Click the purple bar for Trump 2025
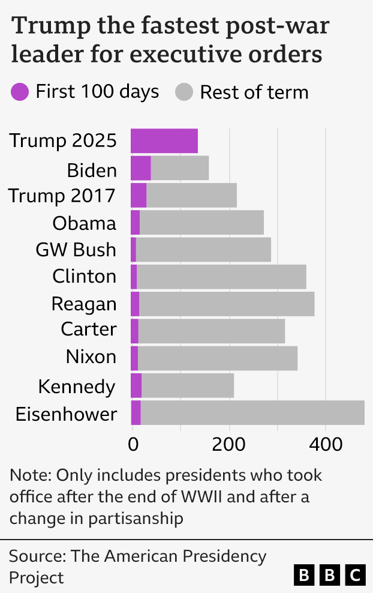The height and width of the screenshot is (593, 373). point(164,141)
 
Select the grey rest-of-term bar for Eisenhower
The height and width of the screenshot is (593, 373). point(252,413)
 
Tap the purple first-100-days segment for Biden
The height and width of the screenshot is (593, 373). point(141,168)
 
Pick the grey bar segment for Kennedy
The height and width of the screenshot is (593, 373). point(188,385)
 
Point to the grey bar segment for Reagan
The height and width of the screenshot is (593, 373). point(227,304)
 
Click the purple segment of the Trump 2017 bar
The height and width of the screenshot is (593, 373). point(139,196)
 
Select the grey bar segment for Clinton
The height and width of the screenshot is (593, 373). point(221,277)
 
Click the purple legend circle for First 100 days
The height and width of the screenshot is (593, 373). point(20,92)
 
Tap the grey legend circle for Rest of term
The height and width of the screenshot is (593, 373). point(184,92)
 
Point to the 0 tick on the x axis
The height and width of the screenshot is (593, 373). point(132,445)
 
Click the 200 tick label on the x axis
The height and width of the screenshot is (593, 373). point(229,445)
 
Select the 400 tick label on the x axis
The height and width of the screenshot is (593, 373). point(326,445)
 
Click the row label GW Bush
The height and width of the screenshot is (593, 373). point(76,250)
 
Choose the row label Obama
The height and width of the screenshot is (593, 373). point(84,223)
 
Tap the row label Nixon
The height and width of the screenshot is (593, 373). point(91,357)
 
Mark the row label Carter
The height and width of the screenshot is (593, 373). point(88,330)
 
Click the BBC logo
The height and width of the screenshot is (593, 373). point(330,575)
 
